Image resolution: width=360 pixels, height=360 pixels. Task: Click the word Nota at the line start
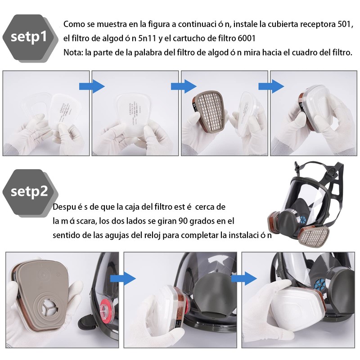click(72, 52)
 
